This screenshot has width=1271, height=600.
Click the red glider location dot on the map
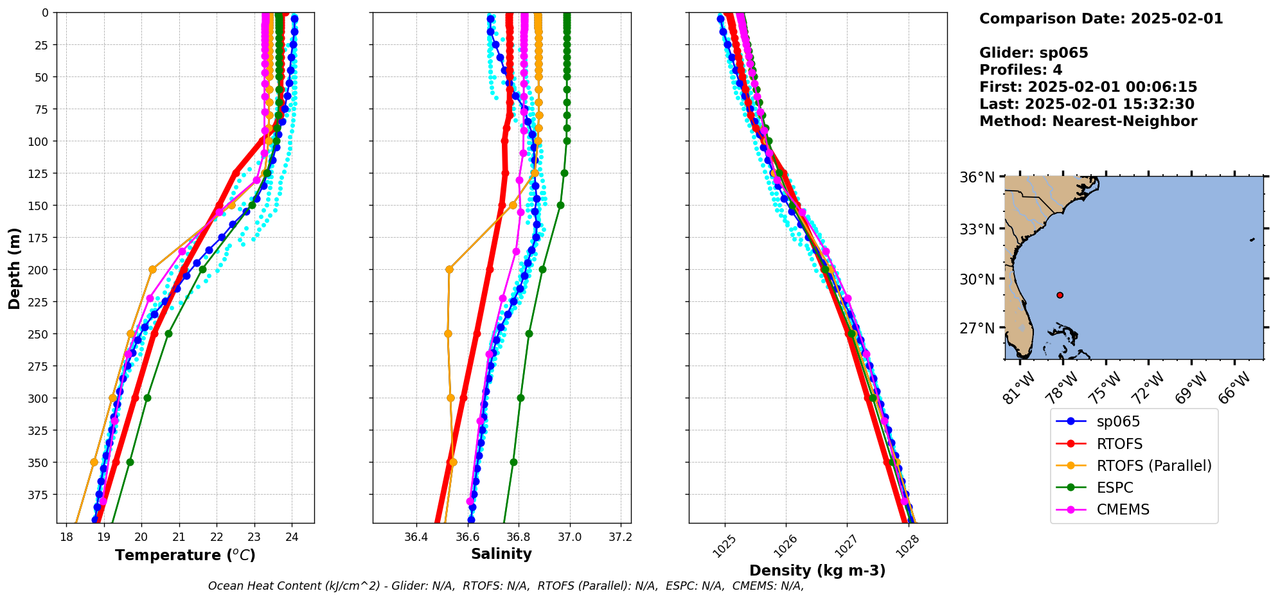(x=1060, y=295)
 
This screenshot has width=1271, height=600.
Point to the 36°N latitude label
(x=977, y=177)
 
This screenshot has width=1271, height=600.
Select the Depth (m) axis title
(x=14, y=268)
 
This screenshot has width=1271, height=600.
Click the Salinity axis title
(x=501, y=554)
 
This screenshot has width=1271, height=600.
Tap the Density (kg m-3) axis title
(x=817, y=570)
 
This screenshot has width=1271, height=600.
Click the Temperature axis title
(x=185, y=555)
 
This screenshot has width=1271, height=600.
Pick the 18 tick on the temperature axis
(x=66, y=537)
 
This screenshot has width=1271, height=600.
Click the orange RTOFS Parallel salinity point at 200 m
(x=449, y=269)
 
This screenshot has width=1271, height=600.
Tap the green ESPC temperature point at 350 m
(x=130, y=462)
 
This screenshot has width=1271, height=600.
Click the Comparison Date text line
(x=1101, y=19)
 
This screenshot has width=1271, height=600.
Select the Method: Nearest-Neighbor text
(x=1088, y=121)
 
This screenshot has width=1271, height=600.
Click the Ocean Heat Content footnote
(x=506, y=586)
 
